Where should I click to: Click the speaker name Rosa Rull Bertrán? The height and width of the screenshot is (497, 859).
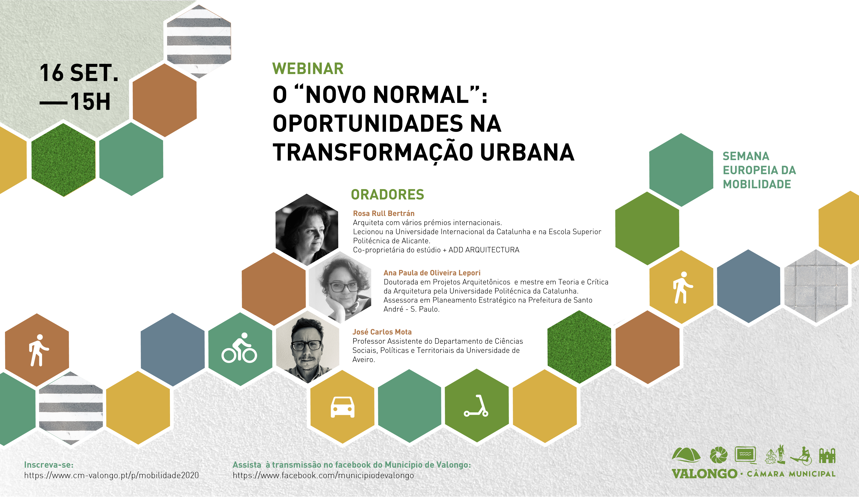[384, 213]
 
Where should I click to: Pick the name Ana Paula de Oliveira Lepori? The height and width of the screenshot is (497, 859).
[432, 273]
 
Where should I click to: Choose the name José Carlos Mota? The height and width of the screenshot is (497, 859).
[382, 332]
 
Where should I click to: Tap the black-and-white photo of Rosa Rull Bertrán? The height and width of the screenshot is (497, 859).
[307, 229]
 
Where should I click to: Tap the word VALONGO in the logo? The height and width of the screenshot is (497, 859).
[704, 474]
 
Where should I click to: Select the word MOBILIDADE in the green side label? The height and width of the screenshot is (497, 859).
[757, 184]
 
